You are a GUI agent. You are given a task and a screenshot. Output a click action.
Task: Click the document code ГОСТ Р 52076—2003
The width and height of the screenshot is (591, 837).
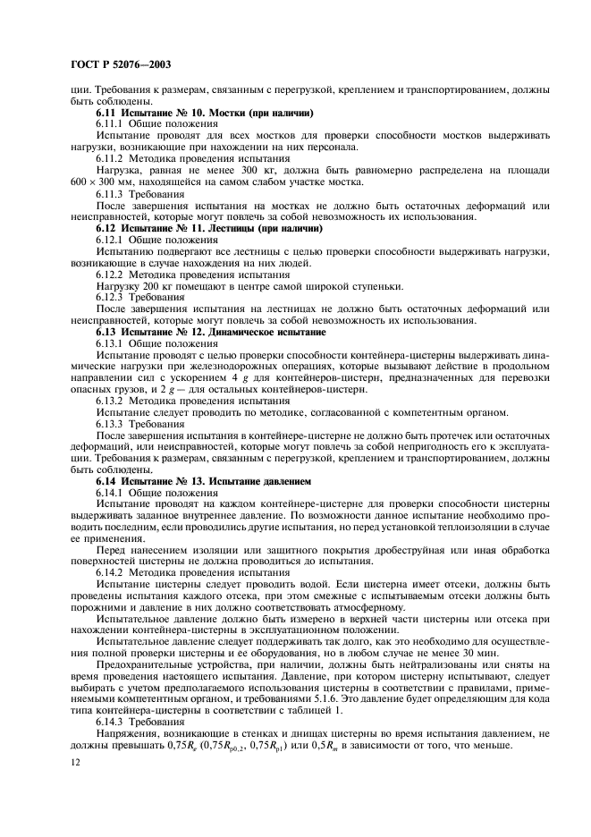[x=122, y=65]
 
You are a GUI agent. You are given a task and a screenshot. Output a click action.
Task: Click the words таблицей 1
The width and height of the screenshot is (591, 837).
[x=327, y=711]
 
